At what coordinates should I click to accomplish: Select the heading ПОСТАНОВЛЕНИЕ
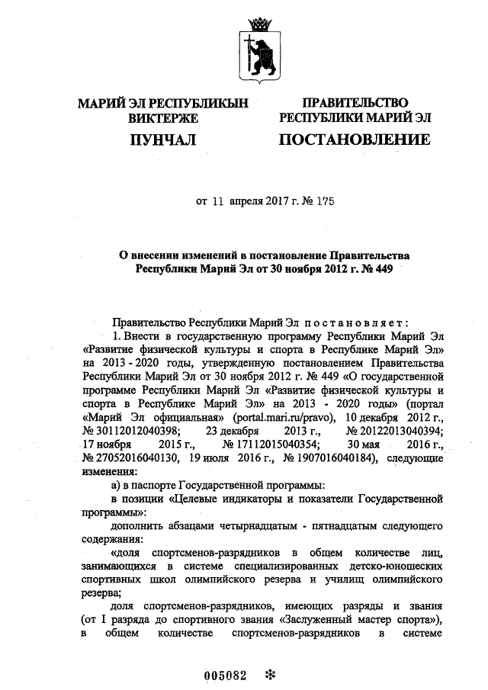coord(354,140)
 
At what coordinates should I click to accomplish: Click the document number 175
coord(325,202)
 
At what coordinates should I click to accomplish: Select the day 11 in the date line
coord(217,202)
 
